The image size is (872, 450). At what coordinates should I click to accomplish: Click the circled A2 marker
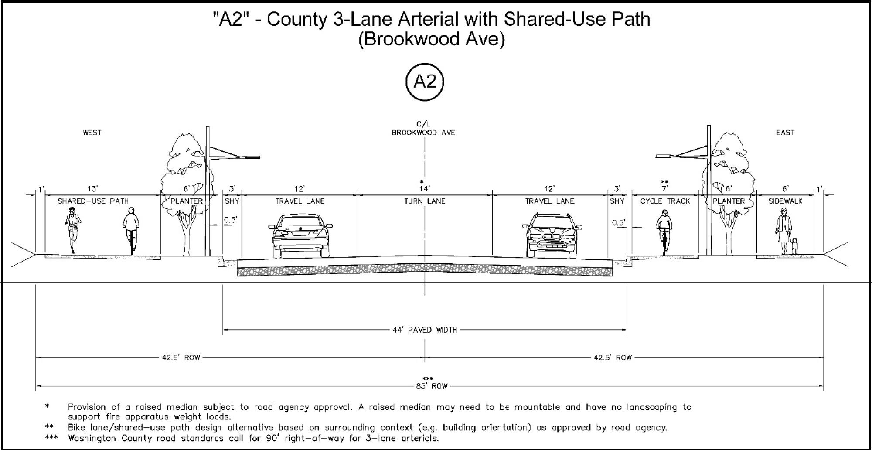[424, 82]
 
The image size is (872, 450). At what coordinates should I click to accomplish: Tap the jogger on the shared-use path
[73, 230]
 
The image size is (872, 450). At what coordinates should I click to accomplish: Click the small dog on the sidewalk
[795, 246]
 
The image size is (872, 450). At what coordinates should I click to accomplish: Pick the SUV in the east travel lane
[552, 235]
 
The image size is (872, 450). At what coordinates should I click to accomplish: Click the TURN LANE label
[424, 201]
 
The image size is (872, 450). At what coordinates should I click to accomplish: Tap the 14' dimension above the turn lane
[424, 189]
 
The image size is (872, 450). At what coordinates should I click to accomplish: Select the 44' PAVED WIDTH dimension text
[425, 330]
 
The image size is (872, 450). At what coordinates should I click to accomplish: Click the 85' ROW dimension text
[432, 386]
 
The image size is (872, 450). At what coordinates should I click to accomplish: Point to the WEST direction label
[92, 133]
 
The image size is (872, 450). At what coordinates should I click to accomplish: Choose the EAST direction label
[785, 133]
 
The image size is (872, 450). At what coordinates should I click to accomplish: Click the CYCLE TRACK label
[665, 201]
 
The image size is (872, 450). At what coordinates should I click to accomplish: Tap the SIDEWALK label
[785, 201]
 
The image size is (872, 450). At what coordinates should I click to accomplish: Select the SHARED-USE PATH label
[93, 201]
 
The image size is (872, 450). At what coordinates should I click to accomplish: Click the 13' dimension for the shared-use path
[92, 189]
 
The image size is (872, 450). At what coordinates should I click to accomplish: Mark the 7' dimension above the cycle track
[664, 189]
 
